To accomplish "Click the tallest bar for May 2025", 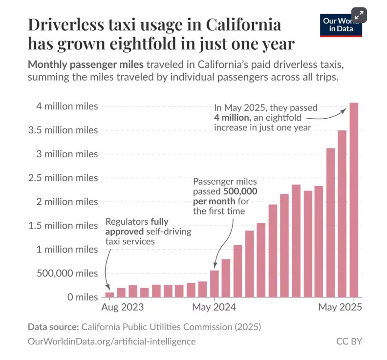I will tap(354, 200).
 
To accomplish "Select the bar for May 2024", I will tap(214, 284).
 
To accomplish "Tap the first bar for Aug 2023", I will tap(110, 295).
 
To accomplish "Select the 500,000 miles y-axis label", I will tap(68, 273).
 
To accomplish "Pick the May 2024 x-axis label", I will tap(214, 308).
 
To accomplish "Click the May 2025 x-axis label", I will tap(340, 308).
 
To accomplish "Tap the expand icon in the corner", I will tap(359, 15).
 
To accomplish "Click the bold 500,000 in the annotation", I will tap(239, 191).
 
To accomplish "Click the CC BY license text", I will tap(349, 341).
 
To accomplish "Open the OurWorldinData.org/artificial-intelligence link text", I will tap(112, 341).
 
